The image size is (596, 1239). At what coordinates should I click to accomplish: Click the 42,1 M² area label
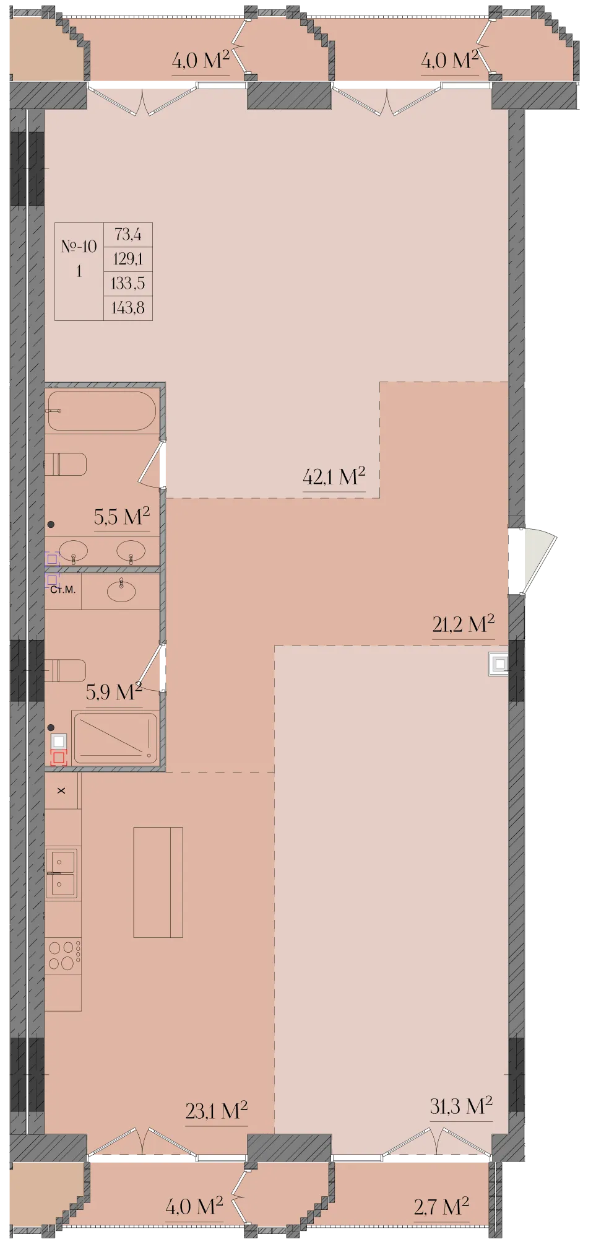pyautogui.click(x=334, y=476)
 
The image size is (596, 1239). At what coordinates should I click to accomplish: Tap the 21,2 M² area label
pyautogui.click(x=464, y=623)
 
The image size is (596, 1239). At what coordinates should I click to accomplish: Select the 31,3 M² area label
pyautogui.click(x=461, y=1105)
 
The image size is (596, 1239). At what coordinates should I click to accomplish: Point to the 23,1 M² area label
pyautogui.click(x=217, y=1110)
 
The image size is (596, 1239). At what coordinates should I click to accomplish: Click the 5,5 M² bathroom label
pyautogui.click(x=122, y=516)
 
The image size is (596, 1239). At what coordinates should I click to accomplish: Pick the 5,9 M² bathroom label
pyautogui.click(x=114, y=691)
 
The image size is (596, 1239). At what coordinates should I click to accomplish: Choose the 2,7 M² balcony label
pyautogui.click(x=441, y=1206)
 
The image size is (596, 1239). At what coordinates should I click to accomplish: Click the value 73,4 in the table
pyautogui.click(x=127, y=234)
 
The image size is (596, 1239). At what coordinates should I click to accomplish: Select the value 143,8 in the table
pyautogui.click(x=127, y=307)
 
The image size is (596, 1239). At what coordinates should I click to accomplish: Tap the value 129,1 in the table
pyautogui.click(x=127, y=258)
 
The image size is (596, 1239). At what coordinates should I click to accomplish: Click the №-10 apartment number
pyautogui.click(x=79, y=246)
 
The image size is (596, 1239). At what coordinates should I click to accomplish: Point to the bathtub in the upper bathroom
pyautogui.click(x=101, y=410)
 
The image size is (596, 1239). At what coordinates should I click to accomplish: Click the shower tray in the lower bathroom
pyautogui.click(x=115, y=738)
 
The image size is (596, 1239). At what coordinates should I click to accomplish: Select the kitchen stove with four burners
pyautogui.click(x=63, y=955)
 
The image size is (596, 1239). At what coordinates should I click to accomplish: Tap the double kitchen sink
pyautogui.click(x=61, y=873)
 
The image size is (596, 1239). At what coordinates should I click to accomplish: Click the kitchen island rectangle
pyautogui.click(x=158, y=882)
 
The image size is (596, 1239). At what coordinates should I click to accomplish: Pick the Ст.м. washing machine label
pyautogui.click(x=63, y=590)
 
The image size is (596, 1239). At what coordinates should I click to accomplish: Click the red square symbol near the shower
pyautogui.click(x=59, y=758)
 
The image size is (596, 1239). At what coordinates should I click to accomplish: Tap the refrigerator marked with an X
pyautogui.click(x=61, y=790)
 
